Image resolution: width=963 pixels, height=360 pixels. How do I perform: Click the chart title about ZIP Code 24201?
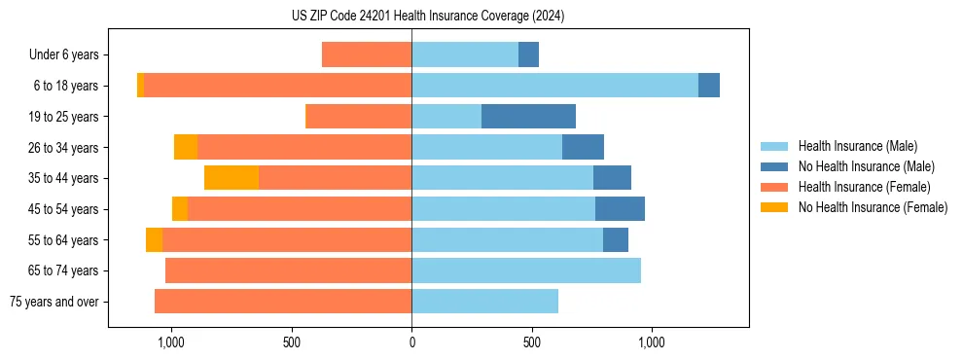click(x=428, y=16)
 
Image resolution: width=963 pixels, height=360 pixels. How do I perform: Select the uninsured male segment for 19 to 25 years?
click(x=528, y=117)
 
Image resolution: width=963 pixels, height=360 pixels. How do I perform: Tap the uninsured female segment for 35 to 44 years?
click(x=232, y=178)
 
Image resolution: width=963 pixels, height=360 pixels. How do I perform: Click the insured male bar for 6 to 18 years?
click(x=554, y=86)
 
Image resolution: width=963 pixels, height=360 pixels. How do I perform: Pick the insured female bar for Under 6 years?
click(x=367, y=54)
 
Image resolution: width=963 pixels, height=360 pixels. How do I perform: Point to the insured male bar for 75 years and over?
click(x=484, y=302)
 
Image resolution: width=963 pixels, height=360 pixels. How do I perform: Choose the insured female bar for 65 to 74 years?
click(x=288, y=270)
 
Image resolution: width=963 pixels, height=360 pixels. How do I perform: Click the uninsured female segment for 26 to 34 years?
click(x=186, y=147)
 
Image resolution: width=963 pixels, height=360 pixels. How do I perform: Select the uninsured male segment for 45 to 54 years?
click(x=620, y=209)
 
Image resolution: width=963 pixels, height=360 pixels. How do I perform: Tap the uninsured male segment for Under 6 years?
click(x=528, y=54)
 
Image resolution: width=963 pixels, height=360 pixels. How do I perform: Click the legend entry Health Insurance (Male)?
click(x=857, y=146)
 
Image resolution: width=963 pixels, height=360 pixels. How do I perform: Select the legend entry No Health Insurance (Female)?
click(x=873, y=207)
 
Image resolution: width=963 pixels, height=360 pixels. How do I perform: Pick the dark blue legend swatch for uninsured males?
click(x=774, y=166)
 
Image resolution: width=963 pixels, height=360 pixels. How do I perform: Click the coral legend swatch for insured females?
click(x=774, y=187)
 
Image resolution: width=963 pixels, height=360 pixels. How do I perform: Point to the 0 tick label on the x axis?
click(x=411, y=342)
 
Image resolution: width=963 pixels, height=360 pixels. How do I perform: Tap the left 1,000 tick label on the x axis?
click(x=171, y=342)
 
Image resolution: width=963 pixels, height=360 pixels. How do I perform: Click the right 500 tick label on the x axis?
click(x=531, y=342)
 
